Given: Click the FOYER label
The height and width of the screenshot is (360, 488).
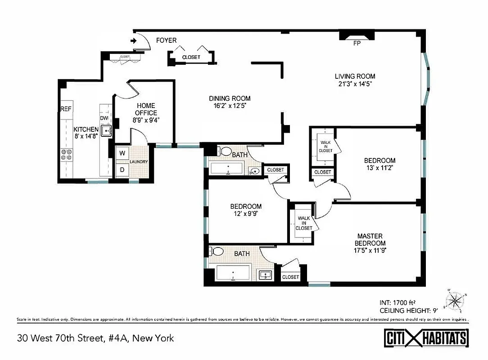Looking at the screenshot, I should [166, 40].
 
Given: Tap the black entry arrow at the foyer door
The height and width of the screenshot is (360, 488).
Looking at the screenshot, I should [134, 41].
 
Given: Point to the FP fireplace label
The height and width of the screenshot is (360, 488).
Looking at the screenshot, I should [356, 44].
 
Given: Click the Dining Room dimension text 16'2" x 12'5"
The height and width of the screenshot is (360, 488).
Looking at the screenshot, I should [230, 106].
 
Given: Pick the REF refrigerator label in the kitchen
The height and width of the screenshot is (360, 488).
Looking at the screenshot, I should [66, 109].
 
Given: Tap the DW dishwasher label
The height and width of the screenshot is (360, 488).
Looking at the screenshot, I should [104, 118].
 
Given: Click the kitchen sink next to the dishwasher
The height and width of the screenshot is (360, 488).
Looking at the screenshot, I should [105, 131].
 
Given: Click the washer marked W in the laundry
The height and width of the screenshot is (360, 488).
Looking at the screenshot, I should [122, 153].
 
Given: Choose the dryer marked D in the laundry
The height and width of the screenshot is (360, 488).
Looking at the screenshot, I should [122, 170].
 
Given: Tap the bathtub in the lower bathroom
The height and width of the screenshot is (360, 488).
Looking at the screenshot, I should [233, 274].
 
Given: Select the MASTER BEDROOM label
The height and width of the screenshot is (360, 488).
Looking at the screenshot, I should [370, 239].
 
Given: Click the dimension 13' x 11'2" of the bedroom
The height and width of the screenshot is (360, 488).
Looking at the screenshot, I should [380, 168].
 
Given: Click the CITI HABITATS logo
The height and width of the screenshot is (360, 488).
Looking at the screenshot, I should [426, 338].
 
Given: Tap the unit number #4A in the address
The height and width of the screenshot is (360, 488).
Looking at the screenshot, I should [116, 337].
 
